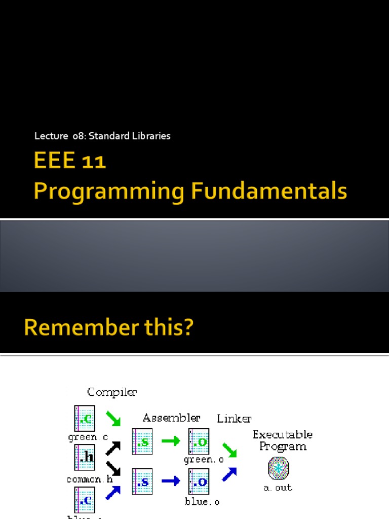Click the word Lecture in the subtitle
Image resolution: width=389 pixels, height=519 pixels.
point(51,136)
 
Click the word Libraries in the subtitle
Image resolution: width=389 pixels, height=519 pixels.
point(151,136)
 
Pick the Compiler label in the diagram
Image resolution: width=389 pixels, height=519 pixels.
point(112,392)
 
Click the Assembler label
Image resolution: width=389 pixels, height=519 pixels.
point(171,418)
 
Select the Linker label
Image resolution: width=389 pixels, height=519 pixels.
point(234,419)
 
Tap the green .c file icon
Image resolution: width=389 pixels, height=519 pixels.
point(85,418)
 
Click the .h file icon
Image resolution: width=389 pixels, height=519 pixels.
point(85,458)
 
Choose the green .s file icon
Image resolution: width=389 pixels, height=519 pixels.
point(142,441)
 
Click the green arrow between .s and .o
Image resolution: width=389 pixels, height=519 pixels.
point(170,441)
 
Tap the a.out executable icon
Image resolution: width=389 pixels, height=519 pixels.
point(279,467)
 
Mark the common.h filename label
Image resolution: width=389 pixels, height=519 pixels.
point(90,478)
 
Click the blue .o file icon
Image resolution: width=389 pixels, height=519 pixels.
point(199,481)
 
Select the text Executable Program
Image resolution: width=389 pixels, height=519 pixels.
point(283,440)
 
